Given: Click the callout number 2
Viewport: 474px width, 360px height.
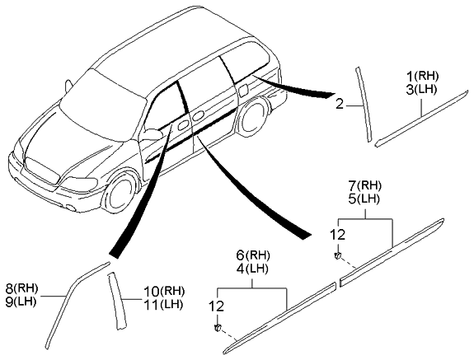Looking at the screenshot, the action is [x=340, y=105].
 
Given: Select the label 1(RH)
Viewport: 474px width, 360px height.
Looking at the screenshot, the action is [x=422, y=76].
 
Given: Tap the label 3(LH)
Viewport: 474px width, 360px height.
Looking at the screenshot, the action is [x=422, y=90].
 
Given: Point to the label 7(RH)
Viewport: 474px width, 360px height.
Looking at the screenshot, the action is [x=365, y=185].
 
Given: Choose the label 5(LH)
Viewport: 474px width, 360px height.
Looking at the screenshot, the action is [x=365, y=199].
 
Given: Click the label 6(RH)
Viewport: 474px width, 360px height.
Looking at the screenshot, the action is [x=253, y=255].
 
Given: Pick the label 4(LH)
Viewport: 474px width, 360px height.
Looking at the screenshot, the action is [x=253, y=269].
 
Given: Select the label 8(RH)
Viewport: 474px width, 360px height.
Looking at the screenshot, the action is [x=21, y=288].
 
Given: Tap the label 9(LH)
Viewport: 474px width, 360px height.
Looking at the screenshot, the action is [x=21, y=302].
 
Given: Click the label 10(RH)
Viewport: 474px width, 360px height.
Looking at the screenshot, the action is [x=164, y=292].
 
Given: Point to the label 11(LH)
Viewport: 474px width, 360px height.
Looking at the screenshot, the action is [x=163, y=305].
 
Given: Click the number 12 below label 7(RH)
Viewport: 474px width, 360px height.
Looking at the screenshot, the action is [x=337, y=234].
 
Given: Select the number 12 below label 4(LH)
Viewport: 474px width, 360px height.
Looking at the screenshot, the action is [x=217, y=306].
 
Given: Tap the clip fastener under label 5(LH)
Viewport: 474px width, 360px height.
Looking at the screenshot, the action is [x=337, y=255].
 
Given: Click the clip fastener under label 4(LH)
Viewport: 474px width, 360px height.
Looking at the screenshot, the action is [x=217, y=327].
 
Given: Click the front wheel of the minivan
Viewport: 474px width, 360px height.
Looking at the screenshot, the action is [x=120, y=194].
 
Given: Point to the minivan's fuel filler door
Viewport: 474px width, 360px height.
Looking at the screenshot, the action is [x=243, y=91].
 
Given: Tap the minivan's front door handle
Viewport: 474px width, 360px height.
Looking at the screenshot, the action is [x=182, y=125].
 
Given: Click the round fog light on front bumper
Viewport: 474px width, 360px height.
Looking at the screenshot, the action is [x=72, y=208].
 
